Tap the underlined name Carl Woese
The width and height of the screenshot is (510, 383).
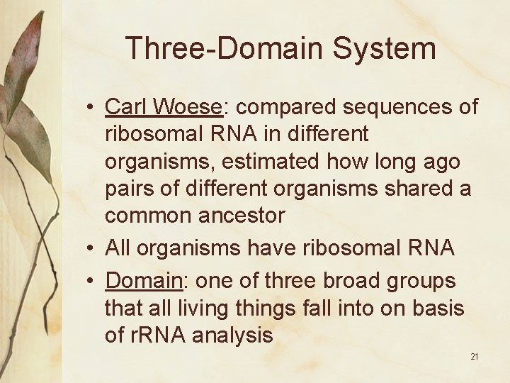click(164, 106)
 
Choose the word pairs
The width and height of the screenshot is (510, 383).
click(129, 189)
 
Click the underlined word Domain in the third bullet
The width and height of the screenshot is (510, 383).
click(143, 281)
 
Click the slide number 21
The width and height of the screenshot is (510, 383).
click(474, 356)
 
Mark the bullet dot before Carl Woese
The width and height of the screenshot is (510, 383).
click(92, 108)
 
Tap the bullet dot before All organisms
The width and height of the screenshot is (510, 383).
click(92, 248)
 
